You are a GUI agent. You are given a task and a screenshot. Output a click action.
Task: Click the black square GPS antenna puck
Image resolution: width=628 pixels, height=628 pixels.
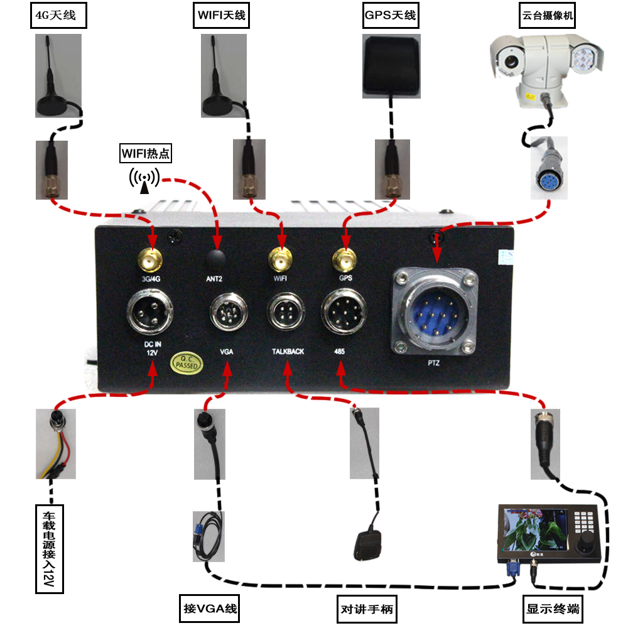[390, 65]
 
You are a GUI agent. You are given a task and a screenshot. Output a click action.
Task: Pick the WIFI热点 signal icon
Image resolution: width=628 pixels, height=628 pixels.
[144, 178]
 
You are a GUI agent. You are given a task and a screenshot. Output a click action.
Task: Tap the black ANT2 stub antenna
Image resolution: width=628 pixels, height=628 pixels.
[217, 259]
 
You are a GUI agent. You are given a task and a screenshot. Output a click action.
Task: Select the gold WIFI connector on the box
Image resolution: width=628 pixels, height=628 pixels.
[281, 259]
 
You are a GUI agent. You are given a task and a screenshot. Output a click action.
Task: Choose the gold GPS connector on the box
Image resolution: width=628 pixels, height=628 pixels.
[344, 259]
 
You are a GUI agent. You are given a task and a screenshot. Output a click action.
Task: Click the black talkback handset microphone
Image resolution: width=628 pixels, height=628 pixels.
[366, 545]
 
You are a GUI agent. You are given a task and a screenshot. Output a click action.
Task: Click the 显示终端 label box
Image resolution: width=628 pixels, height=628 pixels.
[553, 609]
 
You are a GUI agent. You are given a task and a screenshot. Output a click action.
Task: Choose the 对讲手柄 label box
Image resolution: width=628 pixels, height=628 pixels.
[369, 609]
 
